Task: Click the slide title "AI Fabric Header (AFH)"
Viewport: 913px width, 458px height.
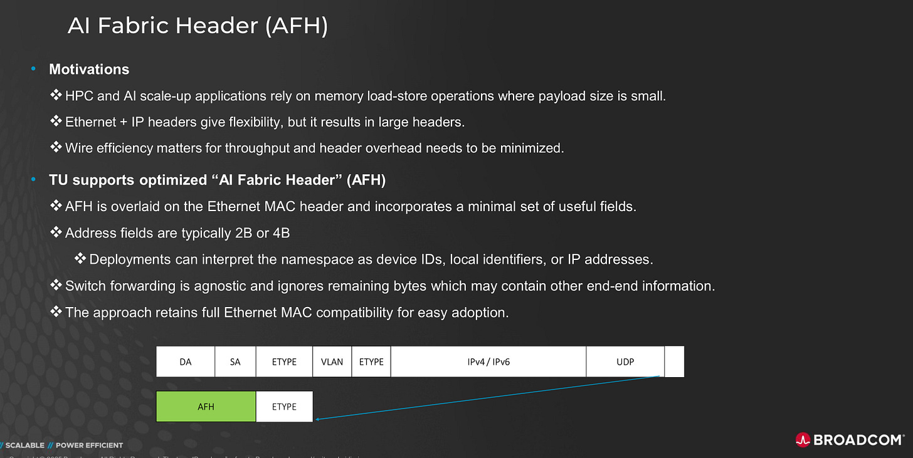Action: click(197, 26)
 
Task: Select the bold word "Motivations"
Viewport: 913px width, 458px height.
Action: click(89, 70)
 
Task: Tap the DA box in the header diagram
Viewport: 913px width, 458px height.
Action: click(185, 362)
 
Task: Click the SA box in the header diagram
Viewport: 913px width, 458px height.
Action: click(235, 362)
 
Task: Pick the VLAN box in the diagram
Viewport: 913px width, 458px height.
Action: click(332, 362)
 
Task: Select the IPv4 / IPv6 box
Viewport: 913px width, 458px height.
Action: click(488, 362)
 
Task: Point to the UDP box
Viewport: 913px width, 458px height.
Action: click(625, 362)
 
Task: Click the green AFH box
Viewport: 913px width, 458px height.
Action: click(206, 407)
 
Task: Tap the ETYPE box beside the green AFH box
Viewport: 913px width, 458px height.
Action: click(284, 407)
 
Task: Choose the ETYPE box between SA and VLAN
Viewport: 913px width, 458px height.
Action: click(284, 362)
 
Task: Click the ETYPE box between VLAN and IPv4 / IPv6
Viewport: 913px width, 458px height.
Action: click(371, 362)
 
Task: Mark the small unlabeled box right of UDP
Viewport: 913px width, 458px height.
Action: click(674, 362)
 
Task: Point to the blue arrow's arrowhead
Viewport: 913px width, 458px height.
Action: click(318, 419)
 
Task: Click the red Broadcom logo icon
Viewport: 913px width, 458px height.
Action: click(803, 439)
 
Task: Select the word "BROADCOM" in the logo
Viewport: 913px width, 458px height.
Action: click(858, 439)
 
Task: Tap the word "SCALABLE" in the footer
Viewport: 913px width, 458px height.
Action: click(25, 445)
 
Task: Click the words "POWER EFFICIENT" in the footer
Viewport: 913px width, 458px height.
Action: click(89, 445)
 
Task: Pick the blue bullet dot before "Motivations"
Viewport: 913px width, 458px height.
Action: click(34, 70)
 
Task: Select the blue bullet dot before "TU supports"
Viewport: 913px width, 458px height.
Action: click(34, 180)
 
